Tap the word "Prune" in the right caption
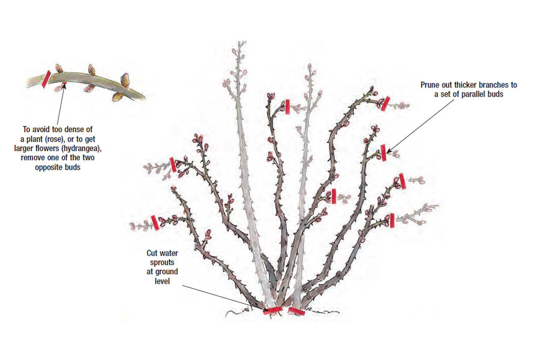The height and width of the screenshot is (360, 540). point(432,85)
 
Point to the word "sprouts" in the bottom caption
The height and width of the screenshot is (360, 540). point(161,263)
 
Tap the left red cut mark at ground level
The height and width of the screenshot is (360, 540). point(273,310)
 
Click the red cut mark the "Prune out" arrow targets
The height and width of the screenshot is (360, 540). point(383,153)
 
